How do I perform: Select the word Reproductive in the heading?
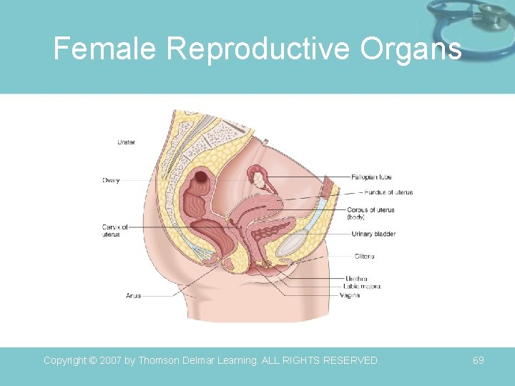258,49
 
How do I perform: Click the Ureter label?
127,143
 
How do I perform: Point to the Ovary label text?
110,180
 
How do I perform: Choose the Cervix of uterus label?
114,230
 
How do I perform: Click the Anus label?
133,295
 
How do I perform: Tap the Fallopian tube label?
371,177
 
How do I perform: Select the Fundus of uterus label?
388,192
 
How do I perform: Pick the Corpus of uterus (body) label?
371,213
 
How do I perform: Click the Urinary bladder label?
373,234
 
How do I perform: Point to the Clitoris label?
364,256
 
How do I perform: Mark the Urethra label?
356,278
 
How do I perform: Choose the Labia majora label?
362,287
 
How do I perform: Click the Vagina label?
350,295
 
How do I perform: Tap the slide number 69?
479,360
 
